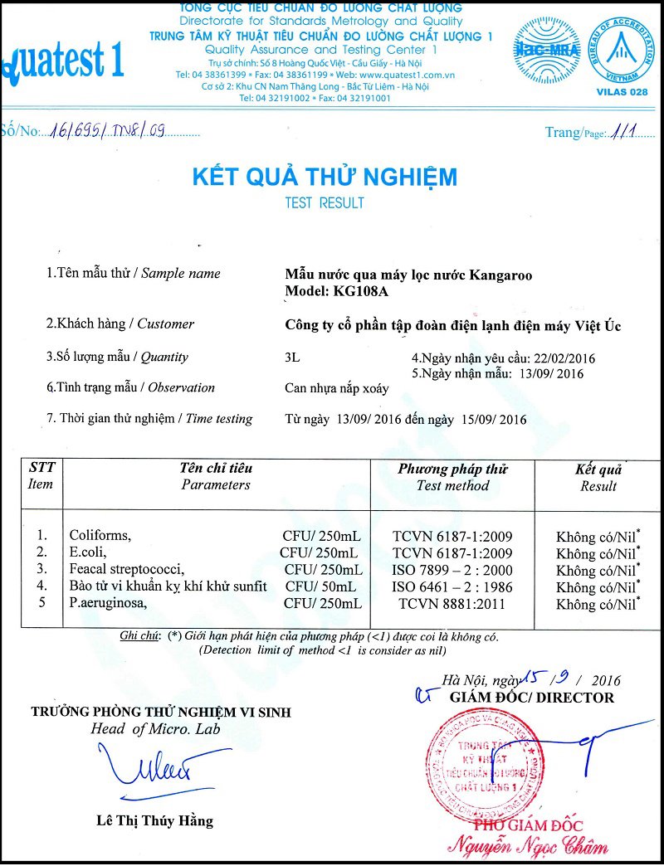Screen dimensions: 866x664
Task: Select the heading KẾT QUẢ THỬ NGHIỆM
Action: click(x=325, y=177)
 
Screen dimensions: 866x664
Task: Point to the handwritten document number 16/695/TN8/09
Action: click(x=109, y=130)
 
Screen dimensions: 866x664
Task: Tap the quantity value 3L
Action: click(x=291, y=358)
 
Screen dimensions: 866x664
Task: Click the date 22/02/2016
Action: click(x=564, y=358)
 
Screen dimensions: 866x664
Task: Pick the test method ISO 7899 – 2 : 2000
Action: click(x=452, y=570)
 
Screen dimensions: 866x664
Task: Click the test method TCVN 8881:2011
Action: click(x=452, y=604)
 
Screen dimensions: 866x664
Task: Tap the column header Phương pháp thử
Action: click(x=452, y=469)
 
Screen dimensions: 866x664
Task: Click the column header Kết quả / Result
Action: click(x=598, y=478)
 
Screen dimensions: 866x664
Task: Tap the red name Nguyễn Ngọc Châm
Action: click(x=527, y=847)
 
